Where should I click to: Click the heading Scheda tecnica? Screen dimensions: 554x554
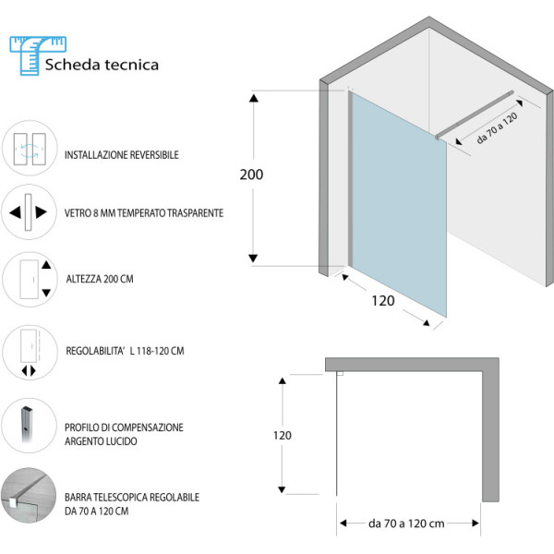[102, 65]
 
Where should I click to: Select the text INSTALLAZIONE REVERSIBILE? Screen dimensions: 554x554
[122, 155]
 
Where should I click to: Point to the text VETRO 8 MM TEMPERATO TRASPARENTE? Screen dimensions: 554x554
[144, 212]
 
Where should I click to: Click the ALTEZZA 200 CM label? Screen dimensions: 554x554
[100, 277]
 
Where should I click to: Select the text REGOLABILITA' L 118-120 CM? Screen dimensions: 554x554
[126, 350]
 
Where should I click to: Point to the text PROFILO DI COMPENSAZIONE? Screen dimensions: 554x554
[124, 428]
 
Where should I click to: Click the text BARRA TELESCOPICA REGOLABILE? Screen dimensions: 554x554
[132, 497]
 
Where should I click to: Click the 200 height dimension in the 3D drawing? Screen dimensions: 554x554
[250, 175]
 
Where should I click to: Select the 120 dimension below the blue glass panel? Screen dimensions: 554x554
[383, 301]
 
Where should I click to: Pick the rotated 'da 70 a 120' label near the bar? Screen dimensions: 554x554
[497, 128]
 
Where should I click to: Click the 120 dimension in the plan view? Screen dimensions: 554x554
[282, 436]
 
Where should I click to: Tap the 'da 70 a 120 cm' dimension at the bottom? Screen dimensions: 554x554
[405, 524]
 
